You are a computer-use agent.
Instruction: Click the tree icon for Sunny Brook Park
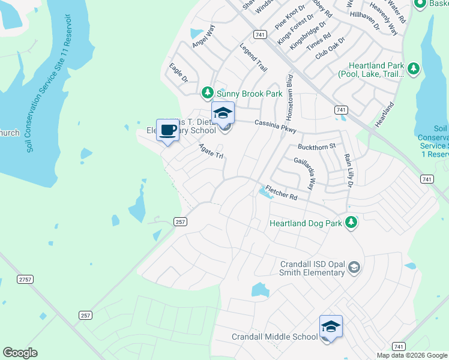207,93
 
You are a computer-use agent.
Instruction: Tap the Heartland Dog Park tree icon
351,223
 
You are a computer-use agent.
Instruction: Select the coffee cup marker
167,130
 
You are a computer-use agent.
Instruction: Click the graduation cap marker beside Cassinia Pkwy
223,113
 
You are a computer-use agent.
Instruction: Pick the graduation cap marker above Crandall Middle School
330,326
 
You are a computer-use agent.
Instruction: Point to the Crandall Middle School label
274,337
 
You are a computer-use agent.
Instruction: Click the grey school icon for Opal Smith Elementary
354,267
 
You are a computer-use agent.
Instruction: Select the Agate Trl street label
211,151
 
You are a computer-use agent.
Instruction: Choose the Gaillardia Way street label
304,173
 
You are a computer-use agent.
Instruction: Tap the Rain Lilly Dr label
348,170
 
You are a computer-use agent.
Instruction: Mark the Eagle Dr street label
178,72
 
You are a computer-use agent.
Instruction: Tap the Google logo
20,353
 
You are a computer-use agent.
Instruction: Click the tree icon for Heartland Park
413,68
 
